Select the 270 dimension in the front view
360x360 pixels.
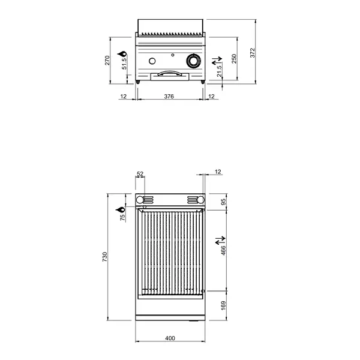coord(107,61)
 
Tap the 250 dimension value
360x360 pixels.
coord(235,58)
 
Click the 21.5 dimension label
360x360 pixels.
coord(220,71)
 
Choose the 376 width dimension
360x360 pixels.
coord(169,96)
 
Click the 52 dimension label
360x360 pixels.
coord(140,173)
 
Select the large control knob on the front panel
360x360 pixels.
coord(193,61)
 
